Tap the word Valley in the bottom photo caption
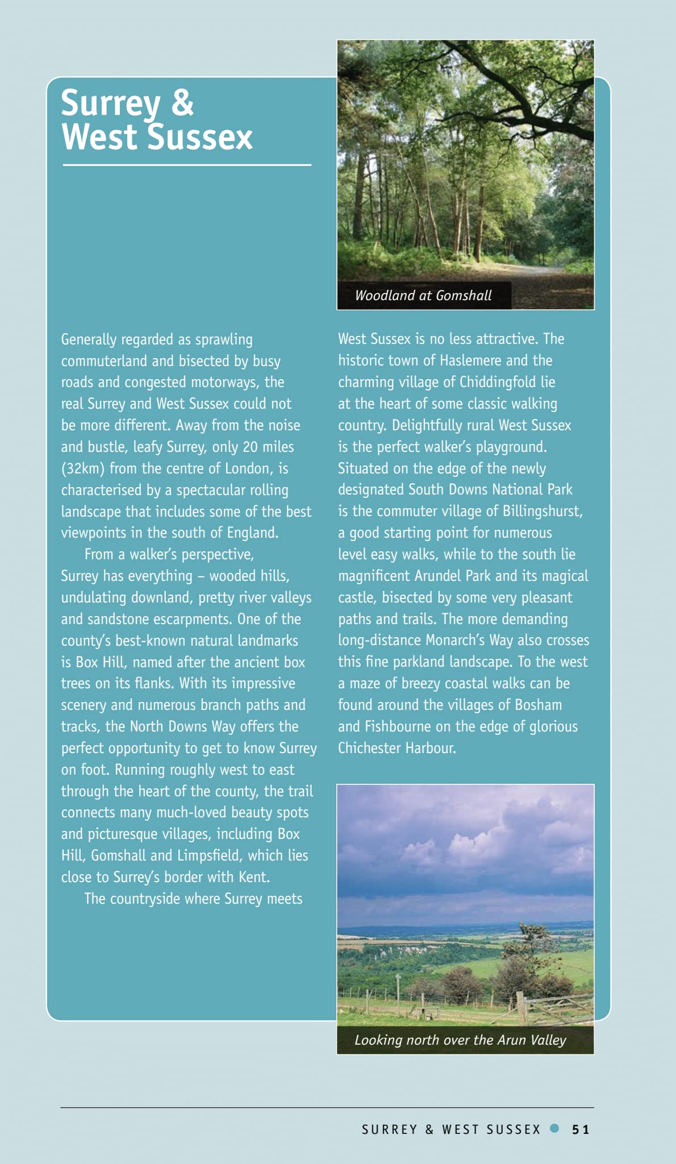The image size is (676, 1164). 548,1040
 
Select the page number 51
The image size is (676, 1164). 581,1129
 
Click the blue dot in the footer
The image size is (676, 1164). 554,1128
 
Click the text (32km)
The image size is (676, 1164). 83,469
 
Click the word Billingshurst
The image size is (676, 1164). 542,511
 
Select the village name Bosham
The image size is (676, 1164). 538,705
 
